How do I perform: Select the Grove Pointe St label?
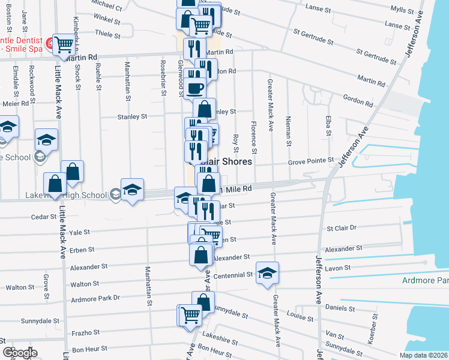point(310,161)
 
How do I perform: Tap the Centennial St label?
point(234,274)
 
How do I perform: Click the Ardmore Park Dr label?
point(95,298)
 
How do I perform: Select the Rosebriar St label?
point(163,77)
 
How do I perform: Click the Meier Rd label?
point(16,103)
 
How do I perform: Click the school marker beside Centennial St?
point(267,274)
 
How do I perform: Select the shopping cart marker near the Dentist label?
point(62,44)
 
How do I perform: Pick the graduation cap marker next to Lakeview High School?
point(132,190)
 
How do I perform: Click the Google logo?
point(20,353)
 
